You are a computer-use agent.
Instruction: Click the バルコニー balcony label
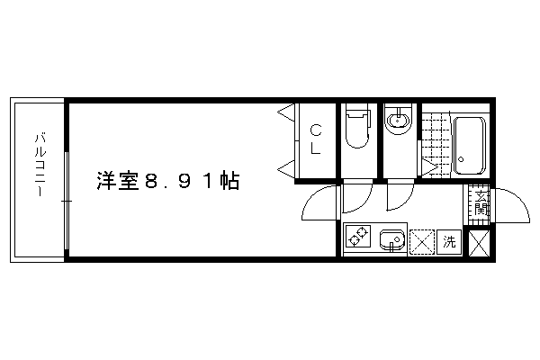(40, 165)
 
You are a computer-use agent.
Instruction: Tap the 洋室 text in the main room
(117, 181)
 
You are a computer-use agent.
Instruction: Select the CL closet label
(316, 139)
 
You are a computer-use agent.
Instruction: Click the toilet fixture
(357, 128)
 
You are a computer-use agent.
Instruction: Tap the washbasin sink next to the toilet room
(399, 121)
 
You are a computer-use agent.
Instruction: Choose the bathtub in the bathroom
(469, 146)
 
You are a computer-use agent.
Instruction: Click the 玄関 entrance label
(481, 203)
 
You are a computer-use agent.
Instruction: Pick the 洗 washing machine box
(449, 242)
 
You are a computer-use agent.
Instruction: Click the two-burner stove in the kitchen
(358, 237)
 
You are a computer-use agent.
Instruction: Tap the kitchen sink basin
(391, 239)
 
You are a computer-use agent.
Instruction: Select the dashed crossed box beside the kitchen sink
(422, 242)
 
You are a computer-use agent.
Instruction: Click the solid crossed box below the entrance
(479, 243)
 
